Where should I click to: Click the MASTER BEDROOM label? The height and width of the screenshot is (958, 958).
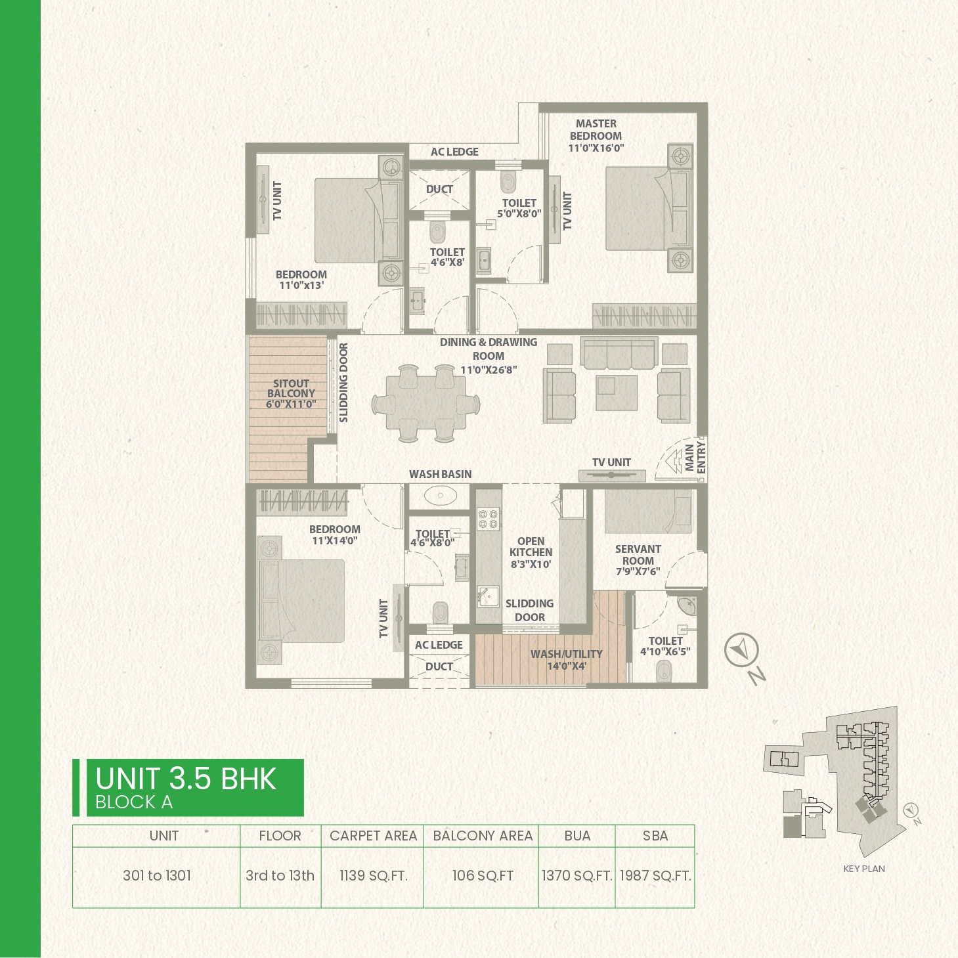[x=596, y=129]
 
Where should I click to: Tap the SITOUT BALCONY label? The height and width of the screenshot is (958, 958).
[x=291, y=388]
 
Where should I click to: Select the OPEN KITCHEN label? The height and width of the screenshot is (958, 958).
[x=531, y=546]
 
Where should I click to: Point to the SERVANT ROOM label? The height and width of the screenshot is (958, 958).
[x=638, y=555]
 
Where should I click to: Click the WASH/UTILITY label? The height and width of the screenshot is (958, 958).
[x=566, y=654]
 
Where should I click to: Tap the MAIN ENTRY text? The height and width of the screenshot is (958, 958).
[x=695, y=458]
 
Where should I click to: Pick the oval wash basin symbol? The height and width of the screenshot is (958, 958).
[x=441, y=496]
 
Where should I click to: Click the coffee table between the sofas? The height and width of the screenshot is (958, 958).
[x=617, y=392]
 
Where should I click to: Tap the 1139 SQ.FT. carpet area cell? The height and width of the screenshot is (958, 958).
[x=374, y=875]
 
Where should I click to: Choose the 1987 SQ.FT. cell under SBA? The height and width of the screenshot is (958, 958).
[x=655, y=875]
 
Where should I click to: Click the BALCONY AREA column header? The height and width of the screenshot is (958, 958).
[x=482, y=836]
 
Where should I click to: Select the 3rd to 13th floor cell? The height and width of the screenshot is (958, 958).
[x=280, y=875]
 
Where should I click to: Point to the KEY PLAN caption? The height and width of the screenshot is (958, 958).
[x=864, y=869]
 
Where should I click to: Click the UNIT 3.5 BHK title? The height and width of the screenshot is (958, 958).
[x=185, y=778]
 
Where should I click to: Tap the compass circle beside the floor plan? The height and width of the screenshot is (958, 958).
[x=741, y=650]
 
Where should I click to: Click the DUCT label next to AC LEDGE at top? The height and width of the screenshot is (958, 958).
[x=439, y=189]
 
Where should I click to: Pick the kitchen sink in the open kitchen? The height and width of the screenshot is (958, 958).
[x=489, y=597]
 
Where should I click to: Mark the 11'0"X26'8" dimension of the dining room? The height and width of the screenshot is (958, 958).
[x=489, y=370]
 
